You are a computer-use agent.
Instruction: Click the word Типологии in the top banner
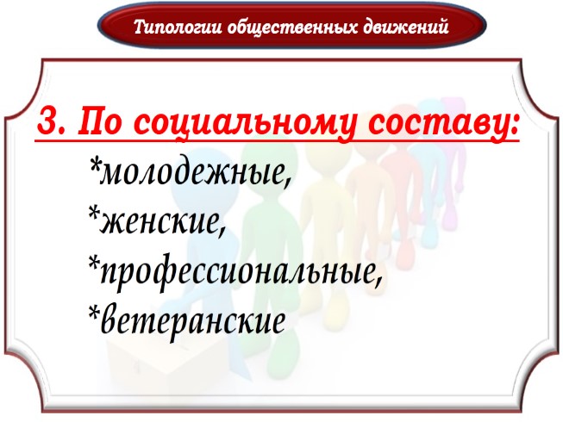[178, 27]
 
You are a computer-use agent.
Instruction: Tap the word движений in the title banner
[403, 27]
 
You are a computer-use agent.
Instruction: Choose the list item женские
[165, 222]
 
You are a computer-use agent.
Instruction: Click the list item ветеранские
[193, 320]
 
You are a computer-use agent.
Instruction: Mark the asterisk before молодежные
[94, 164]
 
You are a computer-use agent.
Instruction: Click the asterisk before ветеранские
[94, 312]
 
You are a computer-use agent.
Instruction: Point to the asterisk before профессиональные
[94, 263]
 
